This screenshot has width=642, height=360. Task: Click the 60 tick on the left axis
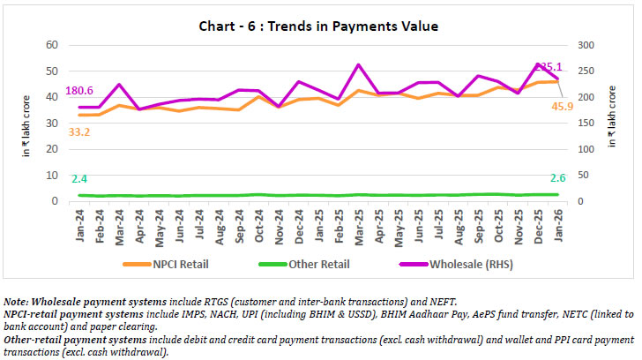pyautogui.click(x=52, y=45)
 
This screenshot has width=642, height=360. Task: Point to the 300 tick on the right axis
pyautogui.click(x=583, y=45)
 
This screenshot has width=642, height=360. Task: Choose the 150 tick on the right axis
pyautogui.click(x=583, y=124)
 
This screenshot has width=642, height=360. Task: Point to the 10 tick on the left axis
pyautogui.click(x=52, y=176)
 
